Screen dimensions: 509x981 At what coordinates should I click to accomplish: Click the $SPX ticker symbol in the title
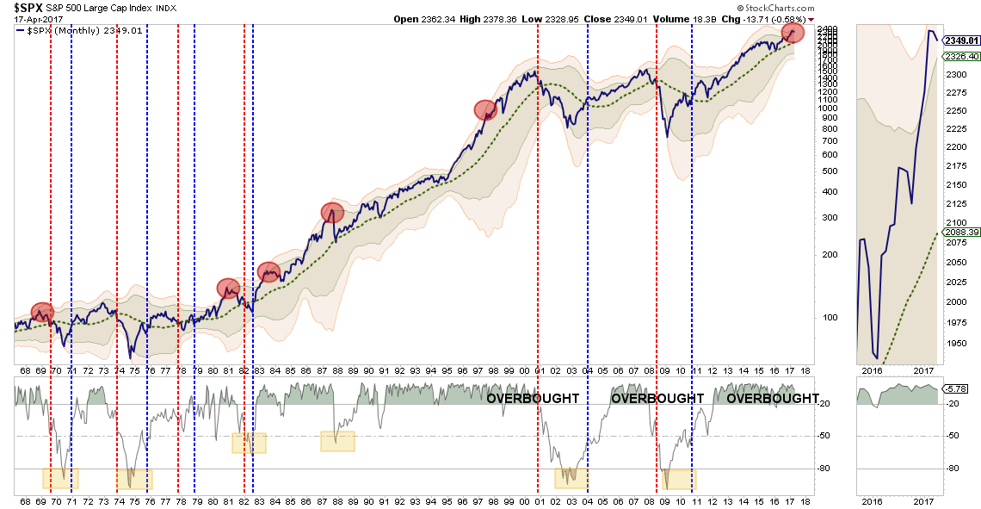[27, 9]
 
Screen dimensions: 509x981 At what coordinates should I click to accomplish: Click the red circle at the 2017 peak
[793, 33]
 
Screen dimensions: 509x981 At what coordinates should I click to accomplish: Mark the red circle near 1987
[332, 212]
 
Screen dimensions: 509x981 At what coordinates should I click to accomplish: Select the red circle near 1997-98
[486, 109]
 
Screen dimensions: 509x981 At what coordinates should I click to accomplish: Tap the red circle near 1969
[42, 312]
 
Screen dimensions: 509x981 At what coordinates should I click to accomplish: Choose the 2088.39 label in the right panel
[961, 233]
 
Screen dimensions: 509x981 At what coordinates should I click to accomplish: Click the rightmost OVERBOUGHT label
[773, 399]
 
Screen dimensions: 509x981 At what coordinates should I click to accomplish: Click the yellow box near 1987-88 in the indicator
[337, 441]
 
